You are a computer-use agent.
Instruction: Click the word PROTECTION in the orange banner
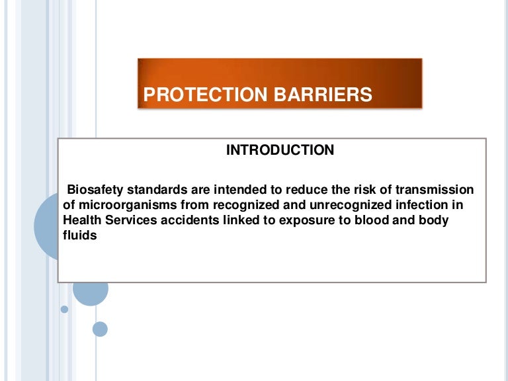(196, 95)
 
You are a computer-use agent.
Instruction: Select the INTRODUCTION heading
(280, 150)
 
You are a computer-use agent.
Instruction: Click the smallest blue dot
(64, 309)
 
